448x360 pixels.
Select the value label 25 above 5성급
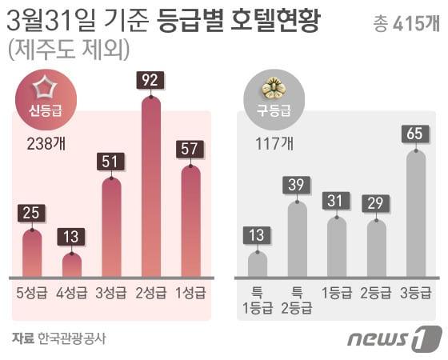(x=31, y=214)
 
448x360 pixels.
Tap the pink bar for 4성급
(x=72, y=265)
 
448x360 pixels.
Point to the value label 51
(x=111, y=162)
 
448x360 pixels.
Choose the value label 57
(x=191, y=150)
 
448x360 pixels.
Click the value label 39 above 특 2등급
(x=297, y=186)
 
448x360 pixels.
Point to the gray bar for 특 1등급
(x=258, y=264)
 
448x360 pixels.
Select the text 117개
(x=274, y=144)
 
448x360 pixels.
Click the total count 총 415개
(x=406, y=23)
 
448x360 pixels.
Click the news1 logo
(x=394, y=338)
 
